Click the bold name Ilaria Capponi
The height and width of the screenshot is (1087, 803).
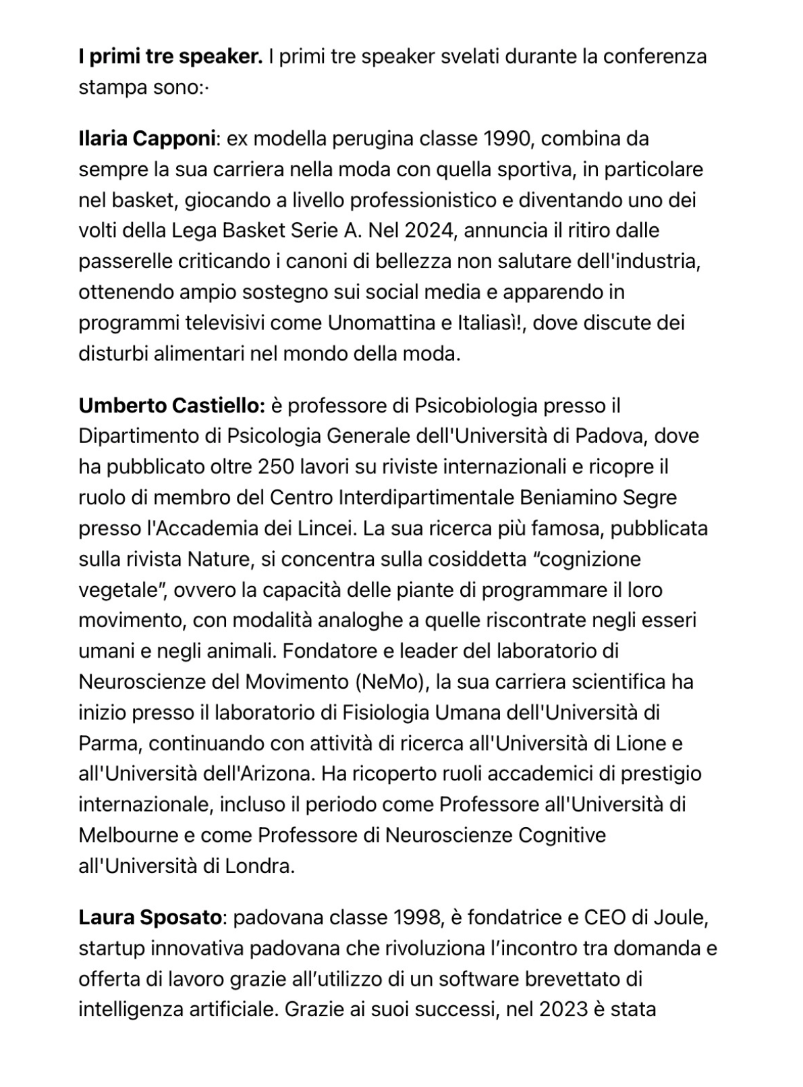point(147,139)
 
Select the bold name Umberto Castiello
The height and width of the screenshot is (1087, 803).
point(171,406)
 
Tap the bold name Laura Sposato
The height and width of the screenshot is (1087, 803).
point(150,918)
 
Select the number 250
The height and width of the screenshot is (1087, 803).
point(277,467)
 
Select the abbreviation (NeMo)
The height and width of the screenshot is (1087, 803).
point(392,683)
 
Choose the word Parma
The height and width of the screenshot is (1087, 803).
point(108,744)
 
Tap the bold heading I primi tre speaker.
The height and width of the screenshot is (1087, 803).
point(170,57)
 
